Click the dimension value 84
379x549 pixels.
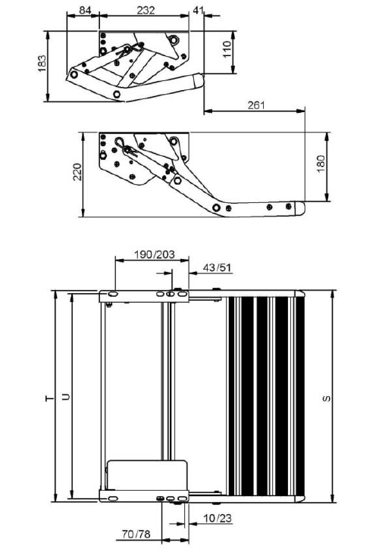point(85,10)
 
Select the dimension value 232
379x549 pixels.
point(146,10)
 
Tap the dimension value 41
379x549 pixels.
point(198,10)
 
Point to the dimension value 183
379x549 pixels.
point(42,64)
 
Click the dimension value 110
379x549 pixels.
point(227,49)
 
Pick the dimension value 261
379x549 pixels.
point(256,105)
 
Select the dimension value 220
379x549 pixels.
point(77,172)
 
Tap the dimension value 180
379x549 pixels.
point(321,164)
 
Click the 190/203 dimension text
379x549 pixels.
point(155,254)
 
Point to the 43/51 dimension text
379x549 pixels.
point(217,268)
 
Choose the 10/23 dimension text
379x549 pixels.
point(218,518)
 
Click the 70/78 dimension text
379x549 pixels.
point(136,535)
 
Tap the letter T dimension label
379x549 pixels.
point(50,398)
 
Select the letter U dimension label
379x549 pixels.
point(66,397)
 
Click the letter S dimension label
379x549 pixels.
point(327,398)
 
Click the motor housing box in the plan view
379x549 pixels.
point(147,475)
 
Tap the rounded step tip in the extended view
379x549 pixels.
point(299,208)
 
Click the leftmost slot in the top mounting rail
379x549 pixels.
point(113,294)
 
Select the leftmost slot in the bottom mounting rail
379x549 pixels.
point(113,498)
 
